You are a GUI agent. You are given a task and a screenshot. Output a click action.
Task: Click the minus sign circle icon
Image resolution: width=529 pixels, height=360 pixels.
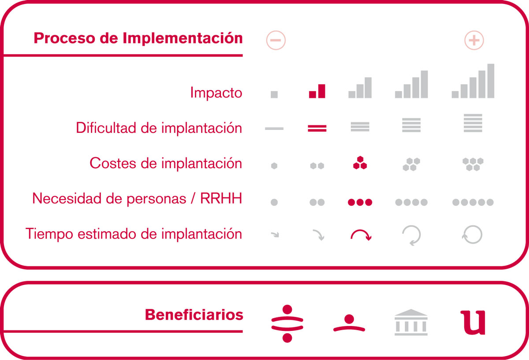click(276, 40)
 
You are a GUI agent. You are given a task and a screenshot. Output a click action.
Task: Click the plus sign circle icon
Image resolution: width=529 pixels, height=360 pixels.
click(474, 40)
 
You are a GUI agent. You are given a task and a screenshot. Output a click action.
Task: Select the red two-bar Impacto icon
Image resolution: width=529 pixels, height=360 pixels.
click(317, 91)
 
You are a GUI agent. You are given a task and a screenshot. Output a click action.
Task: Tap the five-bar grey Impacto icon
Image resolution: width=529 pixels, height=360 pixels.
click(473, 81)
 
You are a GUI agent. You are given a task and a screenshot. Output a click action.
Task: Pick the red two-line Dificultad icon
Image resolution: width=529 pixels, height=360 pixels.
click(317, 128)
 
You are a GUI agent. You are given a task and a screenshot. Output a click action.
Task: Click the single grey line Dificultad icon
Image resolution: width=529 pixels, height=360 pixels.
click(274, 128)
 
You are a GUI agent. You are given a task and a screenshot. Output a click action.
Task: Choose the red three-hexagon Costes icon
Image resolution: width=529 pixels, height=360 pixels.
click(360, 163)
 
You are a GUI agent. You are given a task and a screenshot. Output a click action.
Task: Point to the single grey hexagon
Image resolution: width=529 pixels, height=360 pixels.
click(274, 166)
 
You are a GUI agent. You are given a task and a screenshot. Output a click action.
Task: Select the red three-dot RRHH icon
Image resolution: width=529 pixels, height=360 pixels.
click(360, 202)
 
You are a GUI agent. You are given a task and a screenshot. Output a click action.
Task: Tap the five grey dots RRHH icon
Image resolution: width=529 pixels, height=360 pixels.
click(473, 202)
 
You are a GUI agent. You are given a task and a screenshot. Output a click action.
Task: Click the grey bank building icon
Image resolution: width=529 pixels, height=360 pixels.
click(411, 322)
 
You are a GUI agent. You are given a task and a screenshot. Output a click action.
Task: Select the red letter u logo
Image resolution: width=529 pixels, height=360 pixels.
click(473, 322)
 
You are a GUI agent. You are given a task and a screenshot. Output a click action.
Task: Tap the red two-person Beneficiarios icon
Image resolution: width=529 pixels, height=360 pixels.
click(287, 323)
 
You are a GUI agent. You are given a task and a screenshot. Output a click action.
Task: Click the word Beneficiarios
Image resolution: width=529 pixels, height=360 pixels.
click(194, 315)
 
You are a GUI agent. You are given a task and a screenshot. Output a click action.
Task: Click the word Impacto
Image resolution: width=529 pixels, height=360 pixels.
click(216, 92)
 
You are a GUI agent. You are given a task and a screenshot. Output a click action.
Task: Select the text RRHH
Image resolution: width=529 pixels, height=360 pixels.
click(221, 198)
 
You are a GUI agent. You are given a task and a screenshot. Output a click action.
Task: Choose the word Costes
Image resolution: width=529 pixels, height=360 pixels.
click(113, 163)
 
